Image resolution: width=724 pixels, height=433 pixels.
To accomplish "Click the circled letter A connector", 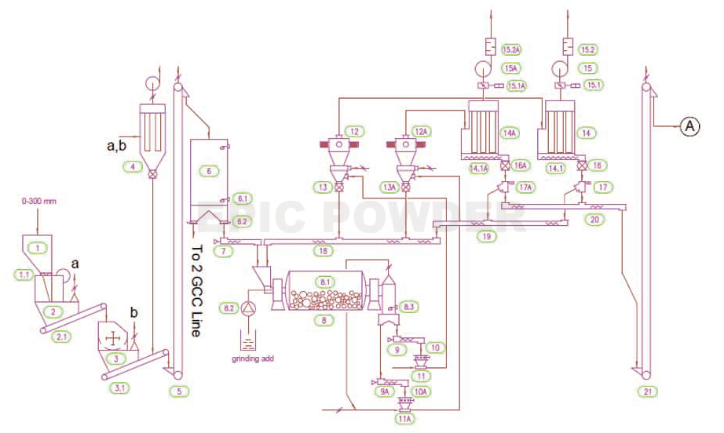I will tap(689, 126).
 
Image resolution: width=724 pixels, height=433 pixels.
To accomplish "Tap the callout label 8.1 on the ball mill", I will tap(323, 280).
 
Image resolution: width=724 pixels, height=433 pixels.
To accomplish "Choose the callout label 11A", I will tap(405, 420).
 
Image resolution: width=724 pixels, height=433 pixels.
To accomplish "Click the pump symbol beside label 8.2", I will tap(250, 307).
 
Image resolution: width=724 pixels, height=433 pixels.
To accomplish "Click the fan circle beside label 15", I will tap(560, 67).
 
